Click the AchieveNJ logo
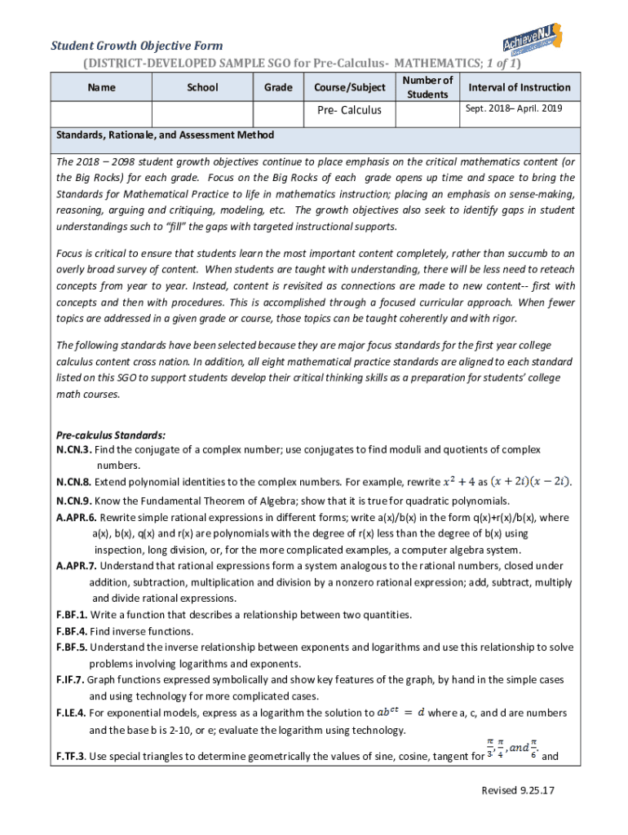[x=537, y=41]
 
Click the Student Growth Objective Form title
[x=137, y=46]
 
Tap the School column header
[x=202, y=87]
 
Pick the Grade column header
[x=278, y=87]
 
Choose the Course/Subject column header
[x=349, y=87]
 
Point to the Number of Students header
[x=427, y=87]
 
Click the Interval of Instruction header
[x=519, y=87]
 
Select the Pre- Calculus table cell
[x=349, y=110]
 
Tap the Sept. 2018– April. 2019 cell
[x=513, y=108]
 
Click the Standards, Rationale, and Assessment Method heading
[x=165, y=135]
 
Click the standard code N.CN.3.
[x=74, y=450]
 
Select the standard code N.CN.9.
[x=74, y=501]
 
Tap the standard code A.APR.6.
[x=77, y=518]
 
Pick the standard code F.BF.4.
[x=73, y=632]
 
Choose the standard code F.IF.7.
[x=71, y=680]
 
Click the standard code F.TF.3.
[x=72, y=757]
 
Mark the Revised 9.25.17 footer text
[x=519, y=791]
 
